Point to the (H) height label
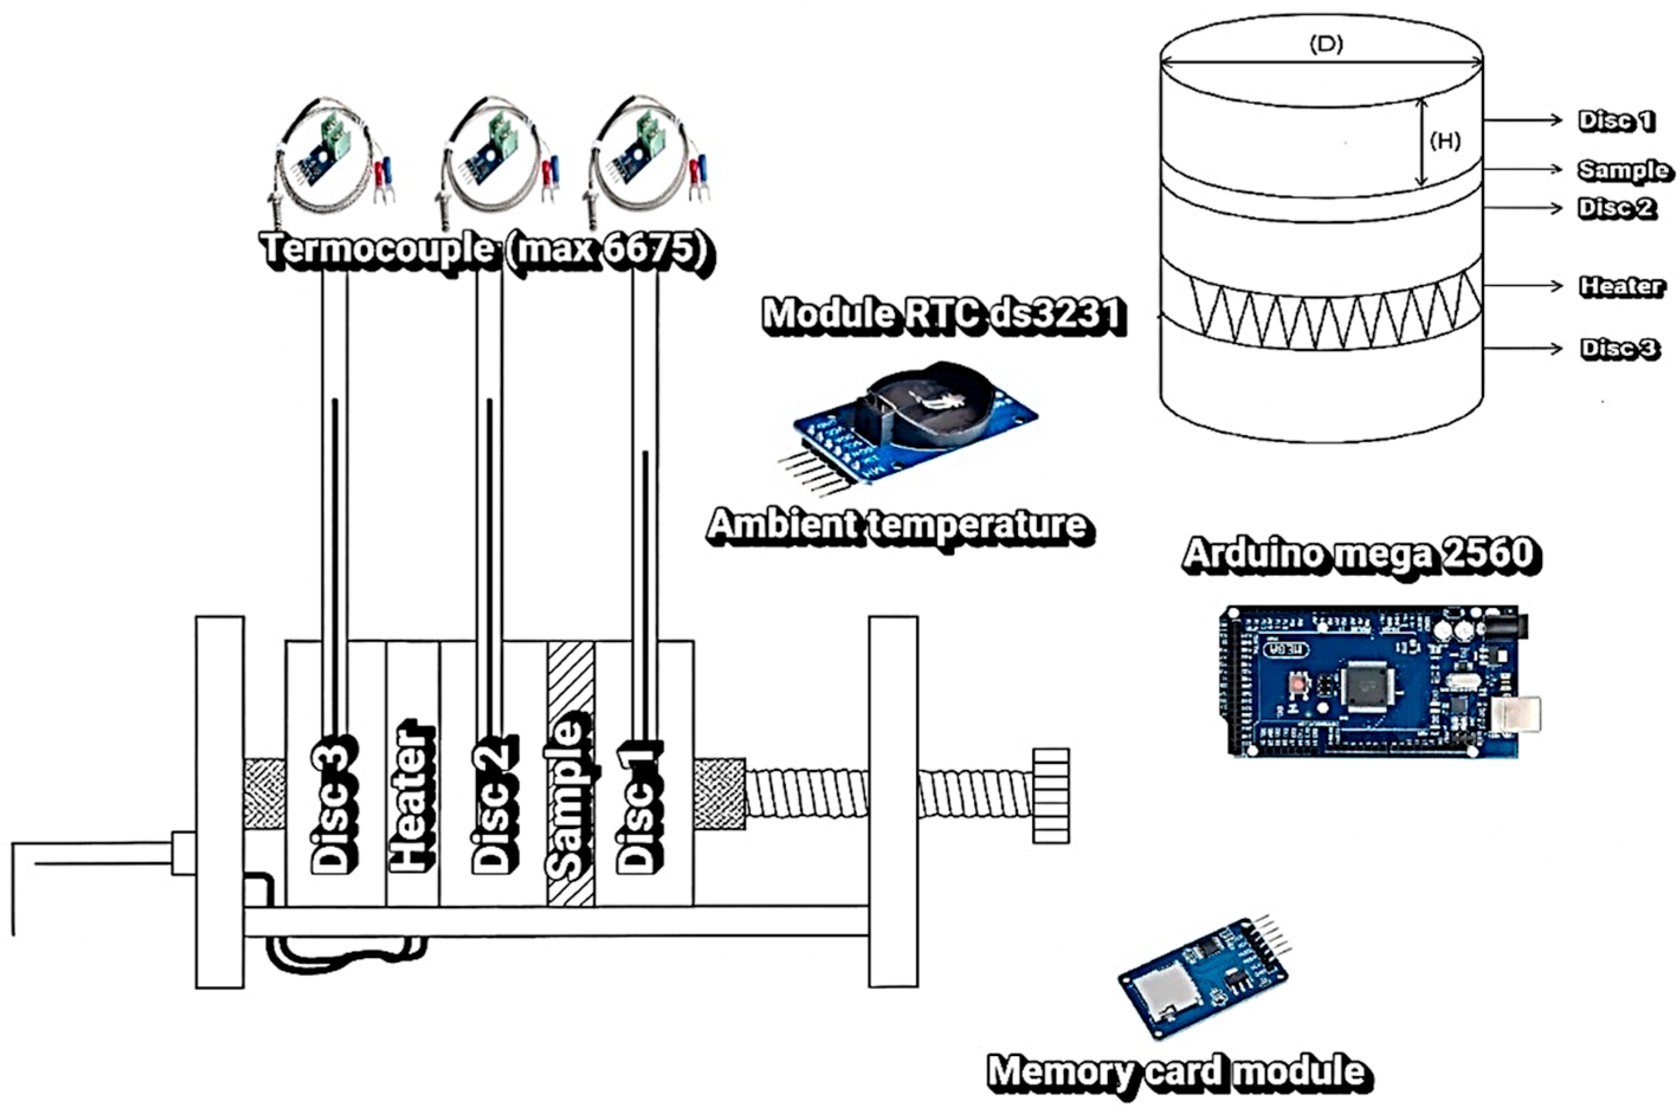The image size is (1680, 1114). (x=1445, y=141)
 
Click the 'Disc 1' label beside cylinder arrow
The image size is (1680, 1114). (x=1616, y=121)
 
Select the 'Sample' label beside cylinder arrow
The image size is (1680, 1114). (x=1623, y=170)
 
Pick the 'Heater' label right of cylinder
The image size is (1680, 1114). (x=1620, y=286)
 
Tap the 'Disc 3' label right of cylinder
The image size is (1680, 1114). (x=1619, y=348)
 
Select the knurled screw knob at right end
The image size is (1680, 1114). (x=1051, y=796)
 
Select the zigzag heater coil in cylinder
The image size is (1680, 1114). (x=1322, y=313)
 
